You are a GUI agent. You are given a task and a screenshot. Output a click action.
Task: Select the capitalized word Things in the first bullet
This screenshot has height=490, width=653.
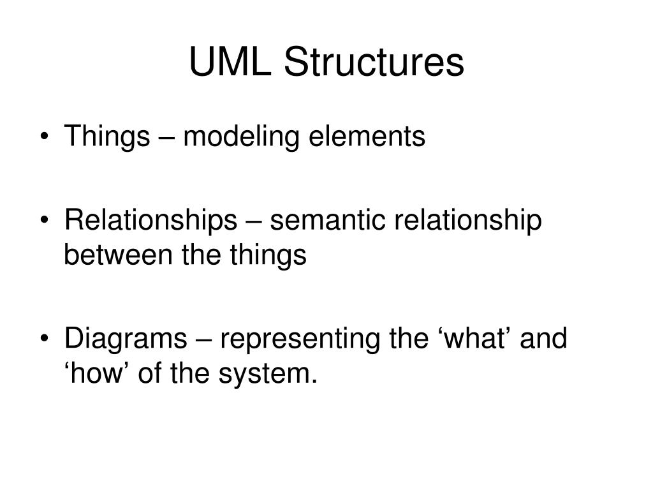pyautogui.click(x=106, y=137)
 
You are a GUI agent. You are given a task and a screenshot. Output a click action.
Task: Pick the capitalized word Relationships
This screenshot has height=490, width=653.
pyautogui.click(x=150, y=221)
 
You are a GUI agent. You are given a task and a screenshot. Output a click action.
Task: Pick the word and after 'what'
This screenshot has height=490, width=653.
pyautogui.click(x=544, y=339)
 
